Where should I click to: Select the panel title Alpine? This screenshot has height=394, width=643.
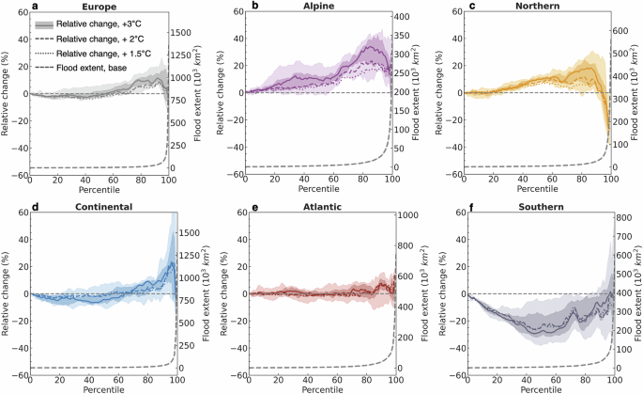pos(300,6)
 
